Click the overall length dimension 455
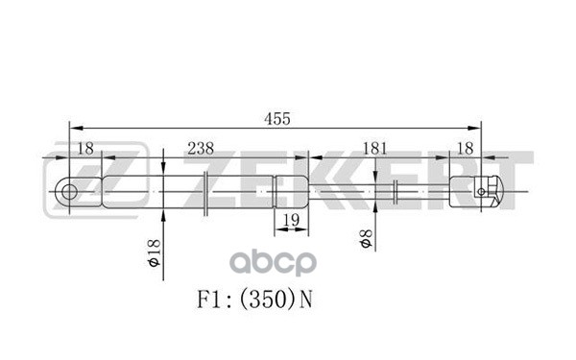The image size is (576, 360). point(277,118)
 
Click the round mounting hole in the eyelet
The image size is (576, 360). point(70,191)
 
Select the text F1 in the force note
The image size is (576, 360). point(214,299)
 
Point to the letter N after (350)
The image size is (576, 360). point(306,299)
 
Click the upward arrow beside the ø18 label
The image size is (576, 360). point(164,216)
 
